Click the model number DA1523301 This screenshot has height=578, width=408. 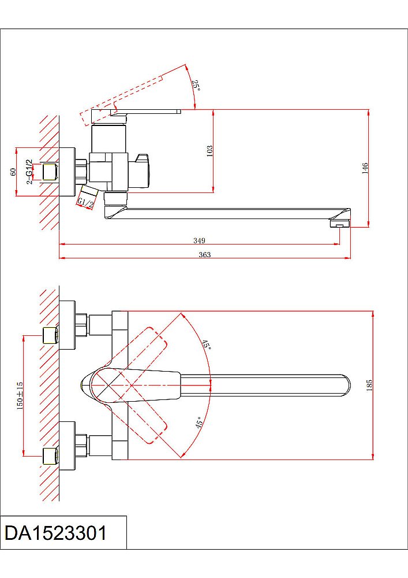(x=56, y=533)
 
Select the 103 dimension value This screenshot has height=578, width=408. (x=209, y=151)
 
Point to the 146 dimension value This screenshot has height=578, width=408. (x=364, y=168)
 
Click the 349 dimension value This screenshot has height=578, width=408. (x=200, y=240)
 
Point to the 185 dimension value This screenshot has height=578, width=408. (x=369, y=385)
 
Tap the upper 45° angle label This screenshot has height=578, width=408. (x=206, y=345)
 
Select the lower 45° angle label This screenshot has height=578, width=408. (x=199, y=423)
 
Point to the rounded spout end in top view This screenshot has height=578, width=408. (x=345, y=386)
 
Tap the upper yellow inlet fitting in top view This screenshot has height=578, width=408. (x=51, y=335)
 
